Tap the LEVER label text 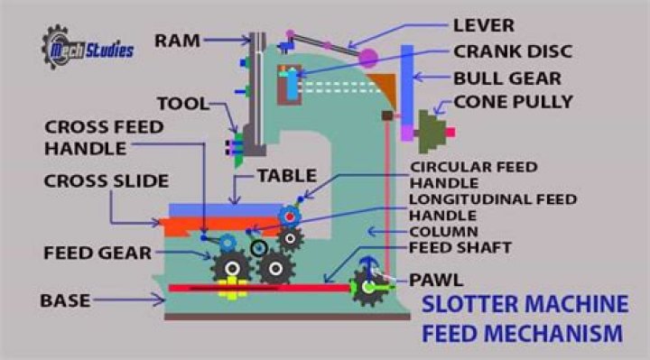(x=484, y=23)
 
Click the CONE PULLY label (x=515, y=102)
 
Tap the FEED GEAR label (x=97, y=253)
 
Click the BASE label (x=66, y=299)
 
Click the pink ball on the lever (x=368, y=58)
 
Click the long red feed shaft (x=262, y=289)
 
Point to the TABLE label (x=288, y=176)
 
